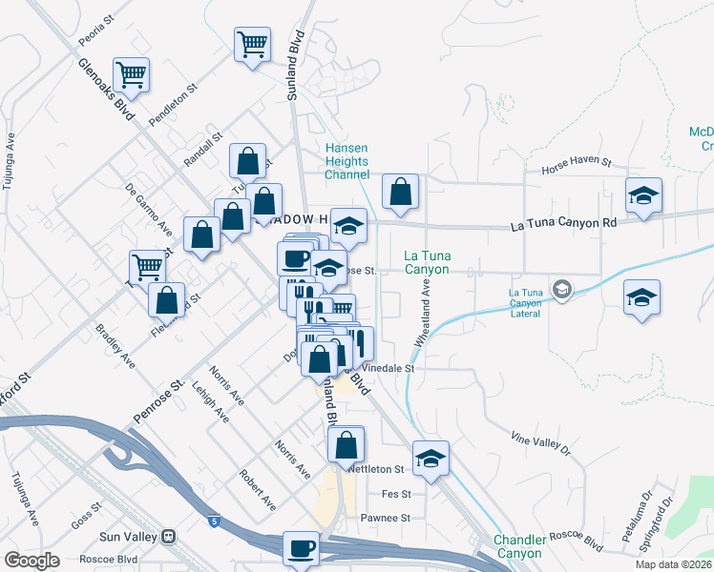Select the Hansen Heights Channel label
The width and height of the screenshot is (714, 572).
pyautogui.click(x=346, y=161)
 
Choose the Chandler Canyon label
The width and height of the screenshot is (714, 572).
pyautogui.click(x=518, y=546)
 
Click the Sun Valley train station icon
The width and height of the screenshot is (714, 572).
pyautogui.click(x=169, y=537)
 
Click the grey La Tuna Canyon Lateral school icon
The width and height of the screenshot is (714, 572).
pyautogui.click(x=563, y=288)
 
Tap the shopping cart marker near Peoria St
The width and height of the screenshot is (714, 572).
pyautogui.click(x=131, y=74)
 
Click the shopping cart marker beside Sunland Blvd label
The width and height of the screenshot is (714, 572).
pyautogui.click(x=252, y=44)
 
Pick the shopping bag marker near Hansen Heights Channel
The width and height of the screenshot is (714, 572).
pyautogui.click(x=400, y=192)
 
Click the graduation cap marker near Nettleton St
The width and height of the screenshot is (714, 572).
pyautogui.click(x=431, y=457)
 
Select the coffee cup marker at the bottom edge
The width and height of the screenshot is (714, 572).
pyautogui.click(x=302, y=548)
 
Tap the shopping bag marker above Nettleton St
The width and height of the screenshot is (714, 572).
pyautogui.click(x=346, y=443)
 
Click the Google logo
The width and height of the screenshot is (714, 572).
pyautogui.click(x=31, y=560)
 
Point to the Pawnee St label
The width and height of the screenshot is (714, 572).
pyautogui.click(x=386, y=519)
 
